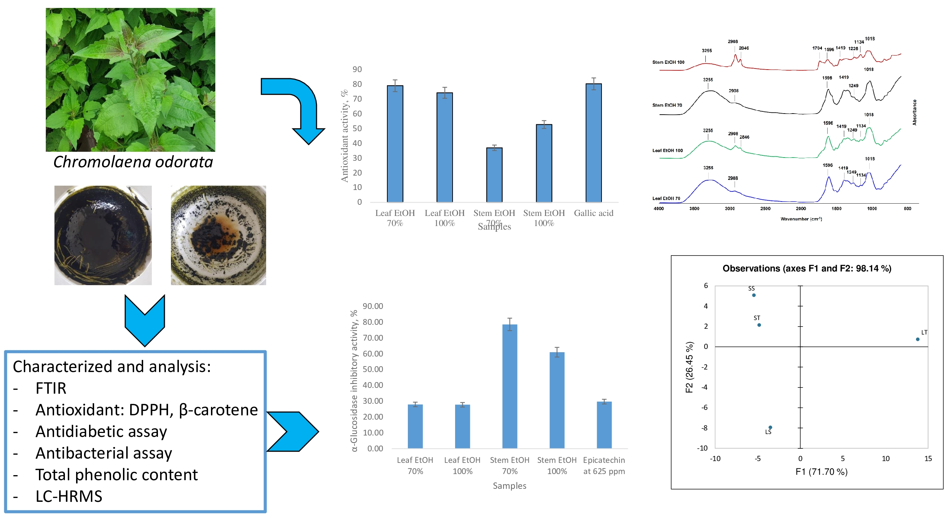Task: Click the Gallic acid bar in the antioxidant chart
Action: (593, 143)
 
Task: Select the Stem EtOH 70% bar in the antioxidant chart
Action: (494, 175)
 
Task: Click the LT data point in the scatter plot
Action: (917, 339)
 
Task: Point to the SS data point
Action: (754, 295)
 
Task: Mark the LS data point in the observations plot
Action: (770, 428)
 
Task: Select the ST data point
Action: (759, 325)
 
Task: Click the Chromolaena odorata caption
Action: (133, 162)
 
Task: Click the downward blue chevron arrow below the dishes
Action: (145, 320)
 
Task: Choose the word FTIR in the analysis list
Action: (51, 389)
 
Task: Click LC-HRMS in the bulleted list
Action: (69, 497)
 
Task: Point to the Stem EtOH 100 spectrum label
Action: (668, 62)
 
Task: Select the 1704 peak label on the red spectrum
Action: (817, 48)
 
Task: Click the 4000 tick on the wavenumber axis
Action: (659, 209)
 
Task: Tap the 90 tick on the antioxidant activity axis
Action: (357, 70)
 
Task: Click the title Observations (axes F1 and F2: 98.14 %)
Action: (807, 268)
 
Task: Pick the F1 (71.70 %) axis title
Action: (821, 472)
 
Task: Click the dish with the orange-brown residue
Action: (219, 235)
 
